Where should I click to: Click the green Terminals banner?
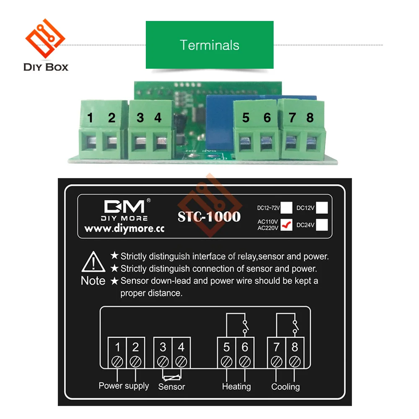(209, 45)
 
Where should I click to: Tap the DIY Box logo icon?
(45, 40)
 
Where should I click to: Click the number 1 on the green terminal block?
(90, 118)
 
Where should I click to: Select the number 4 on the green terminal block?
(158, 118)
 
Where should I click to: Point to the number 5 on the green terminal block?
(246, 118)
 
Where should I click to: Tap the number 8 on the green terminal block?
(310, 118)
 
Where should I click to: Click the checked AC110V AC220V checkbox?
(286, 225)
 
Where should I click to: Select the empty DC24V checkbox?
(322, 225)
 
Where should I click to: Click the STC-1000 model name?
(209, 217)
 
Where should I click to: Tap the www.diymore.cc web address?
(124, 229)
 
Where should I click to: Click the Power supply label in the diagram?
(124, 385)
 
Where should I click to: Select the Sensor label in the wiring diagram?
(171, 387)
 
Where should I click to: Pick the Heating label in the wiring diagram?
(236, 386)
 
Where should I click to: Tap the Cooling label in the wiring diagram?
(285, 386)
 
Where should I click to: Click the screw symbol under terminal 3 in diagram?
(163, 360)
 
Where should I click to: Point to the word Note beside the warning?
(93, 281)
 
